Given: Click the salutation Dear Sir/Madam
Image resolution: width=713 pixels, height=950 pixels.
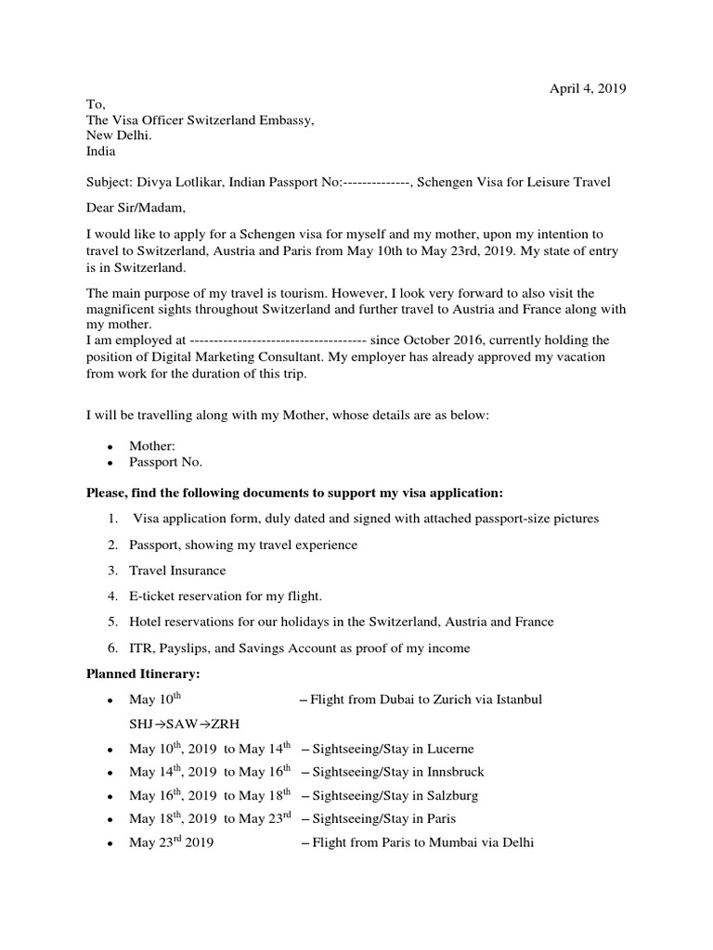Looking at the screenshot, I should [137, 207].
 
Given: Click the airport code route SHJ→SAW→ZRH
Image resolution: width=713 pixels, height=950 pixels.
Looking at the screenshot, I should [175, 723].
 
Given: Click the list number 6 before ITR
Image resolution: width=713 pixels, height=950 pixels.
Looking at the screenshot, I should [111, 648].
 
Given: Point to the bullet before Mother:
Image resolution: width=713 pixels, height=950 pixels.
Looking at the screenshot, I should [110, 447].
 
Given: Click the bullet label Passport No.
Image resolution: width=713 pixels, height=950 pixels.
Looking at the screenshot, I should [165, 462].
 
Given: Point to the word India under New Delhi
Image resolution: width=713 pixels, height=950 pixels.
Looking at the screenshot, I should [101, 151].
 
